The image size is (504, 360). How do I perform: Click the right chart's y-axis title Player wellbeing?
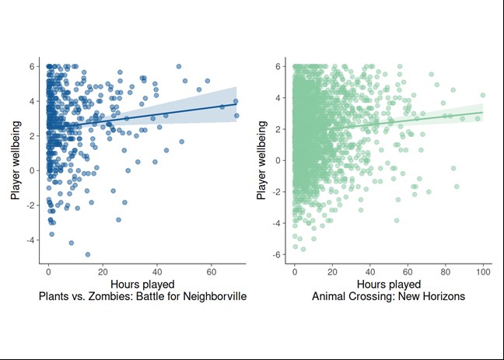[261, 161]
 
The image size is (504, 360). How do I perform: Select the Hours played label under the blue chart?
[142, 285]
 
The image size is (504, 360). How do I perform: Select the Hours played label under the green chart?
[388, 285]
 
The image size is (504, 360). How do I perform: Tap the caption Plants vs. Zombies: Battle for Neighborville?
[142, 297]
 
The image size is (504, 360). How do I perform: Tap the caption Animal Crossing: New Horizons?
[388, 297]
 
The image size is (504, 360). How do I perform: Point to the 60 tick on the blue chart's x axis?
[212, 273]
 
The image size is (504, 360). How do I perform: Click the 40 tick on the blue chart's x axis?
[157, 273]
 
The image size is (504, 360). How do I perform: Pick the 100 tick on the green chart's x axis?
[483, 273]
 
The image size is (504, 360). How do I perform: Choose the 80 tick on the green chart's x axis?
[446, 273]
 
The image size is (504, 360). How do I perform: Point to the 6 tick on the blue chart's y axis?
[33, 66]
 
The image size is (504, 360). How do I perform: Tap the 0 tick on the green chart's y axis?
[278, 161]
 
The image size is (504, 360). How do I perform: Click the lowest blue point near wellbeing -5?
[88, 254]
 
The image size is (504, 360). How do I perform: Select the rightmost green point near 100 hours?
[483, 96]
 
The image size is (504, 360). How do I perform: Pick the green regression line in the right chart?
[404, 121]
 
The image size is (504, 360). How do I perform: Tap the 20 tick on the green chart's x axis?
[332, 273]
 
